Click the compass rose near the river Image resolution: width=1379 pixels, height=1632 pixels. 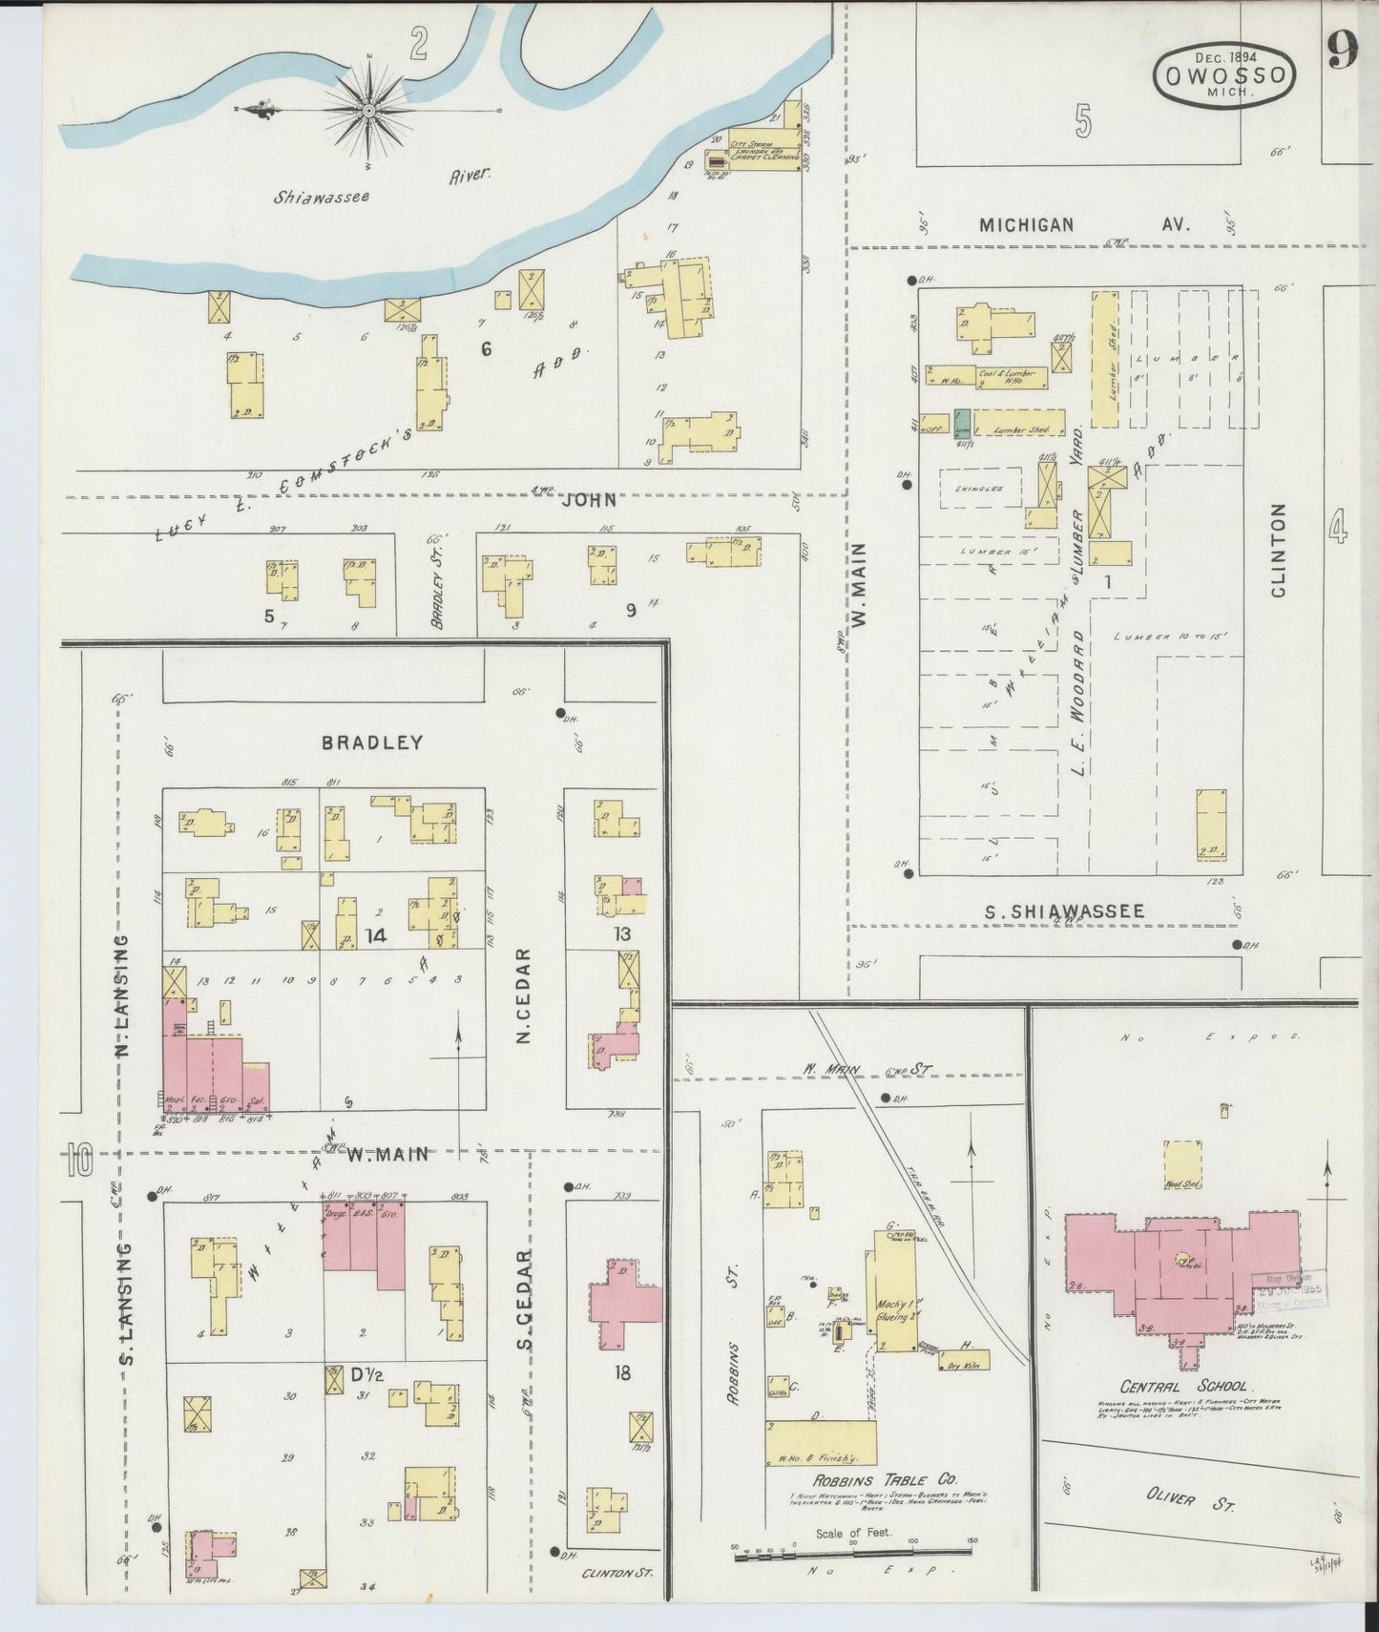coord(367,111)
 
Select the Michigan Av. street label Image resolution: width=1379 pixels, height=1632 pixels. coord(1083,225)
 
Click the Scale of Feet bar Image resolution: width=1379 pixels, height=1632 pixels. coord(852,1555)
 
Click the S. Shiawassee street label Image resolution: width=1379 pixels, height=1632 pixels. coord(1064,911)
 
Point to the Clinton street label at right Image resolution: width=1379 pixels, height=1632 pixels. coord(1278,551)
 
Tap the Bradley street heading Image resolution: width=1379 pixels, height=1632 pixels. coord(371,742)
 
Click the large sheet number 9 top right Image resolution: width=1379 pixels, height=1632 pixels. coord(1341,52)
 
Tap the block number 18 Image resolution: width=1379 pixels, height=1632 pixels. coord(622,1373)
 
